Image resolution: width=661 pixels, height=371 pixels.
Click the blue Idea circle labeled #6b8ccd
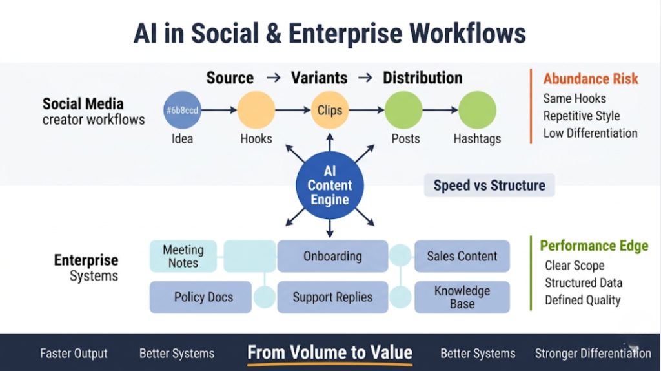183,110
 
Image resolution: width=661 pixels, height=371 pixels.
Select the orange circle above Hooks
256,110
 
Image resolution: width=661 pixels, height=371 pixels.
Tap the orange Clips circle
330,110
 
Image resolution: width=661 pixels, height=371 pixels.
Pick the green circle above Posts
404,110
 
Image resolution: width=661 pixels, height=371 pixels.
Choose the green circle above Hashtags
477,110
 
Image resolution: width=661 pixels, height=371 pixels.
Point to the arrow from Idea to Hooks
219,111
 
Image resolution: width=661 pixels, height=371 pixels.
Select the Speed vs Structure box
489,185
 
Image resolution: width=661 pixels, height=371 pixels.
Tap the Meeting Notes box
183,256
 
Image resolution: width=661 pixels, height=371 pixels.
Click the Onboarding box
332,256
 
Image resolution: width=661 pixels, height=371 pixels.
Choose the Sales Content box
462,256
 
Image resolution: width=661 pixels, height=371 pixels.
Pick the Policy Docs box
201,297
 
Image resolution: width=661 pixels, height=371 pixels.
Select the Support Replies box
332,297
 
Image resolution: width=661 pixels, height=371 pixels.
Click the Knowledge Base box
462,297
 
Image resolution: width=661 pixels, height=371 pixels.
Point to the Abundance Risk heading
590,79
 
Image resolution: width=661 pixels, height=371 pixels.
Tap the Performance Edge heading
594,246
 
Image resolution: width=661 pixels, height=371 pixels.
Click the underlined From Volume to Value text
330,352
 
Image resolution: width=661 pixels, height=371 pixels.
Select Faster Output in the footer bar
74,354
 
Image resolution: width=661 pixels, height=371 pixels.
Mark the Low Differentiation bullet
590,133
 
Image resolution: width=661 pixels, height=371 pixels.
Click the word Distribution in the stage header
422,78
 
